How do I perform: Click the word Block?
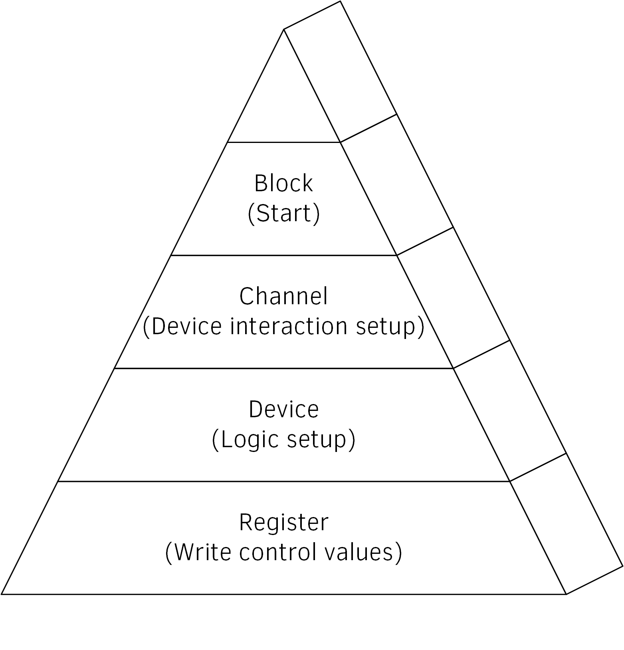pyautogui.click(x=283, y=183)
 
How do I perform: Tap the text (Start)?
pyautogui.click(x=283, y=214)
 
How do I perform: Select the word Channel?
pyautogui.click(x=283, y=296)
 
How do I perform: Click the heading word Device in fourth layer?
pyautogui.click(x=283, y=410)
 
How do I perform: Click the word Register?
pyautogui.click(x=283, y=522)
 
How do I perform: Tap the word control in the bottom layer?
pyautogui.click(x=275, y=553)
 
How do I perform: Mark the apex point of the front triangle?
pyautogui.click(x=284, y=30)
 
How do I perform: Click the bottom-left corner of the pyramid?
pyautogui.click(x=2, y=594)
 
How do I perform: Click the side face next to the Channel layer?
pyautogui.click(x=453, y=297)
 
